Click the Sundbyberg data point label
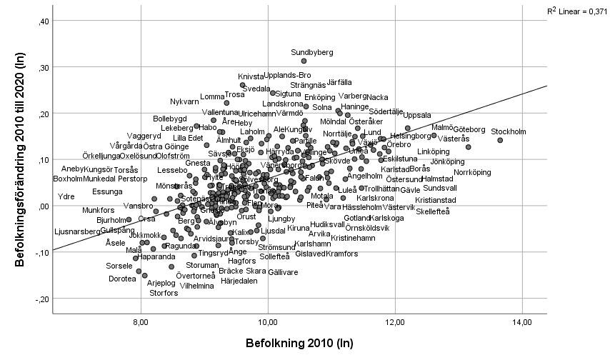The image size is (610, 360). (312, 52)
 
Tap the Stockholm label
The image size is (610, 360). (509, 131)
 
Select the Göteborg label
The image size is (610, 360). (469, 129)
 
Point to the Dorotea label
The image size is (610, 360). (122, 279)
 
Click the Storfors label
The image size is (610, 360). (164, 293)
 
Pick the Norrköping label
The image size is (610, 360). (473, 172)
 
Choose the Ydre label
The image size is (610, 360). (66, 196)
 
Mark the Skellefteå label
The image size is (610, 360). (433, 211)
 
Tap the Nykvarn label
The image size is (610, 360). (185, 101)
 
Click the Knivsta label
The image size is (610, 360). (251, 76)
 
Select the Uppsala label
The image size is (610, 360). (417, 115)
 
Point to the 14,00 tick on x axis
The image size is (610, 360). (522, 324)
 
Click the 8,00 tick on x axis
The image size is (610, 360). (141, 324)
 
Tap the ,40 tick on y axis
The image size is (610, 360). (42, 21)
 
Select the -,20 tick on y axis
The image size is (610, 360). (41, 299)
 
